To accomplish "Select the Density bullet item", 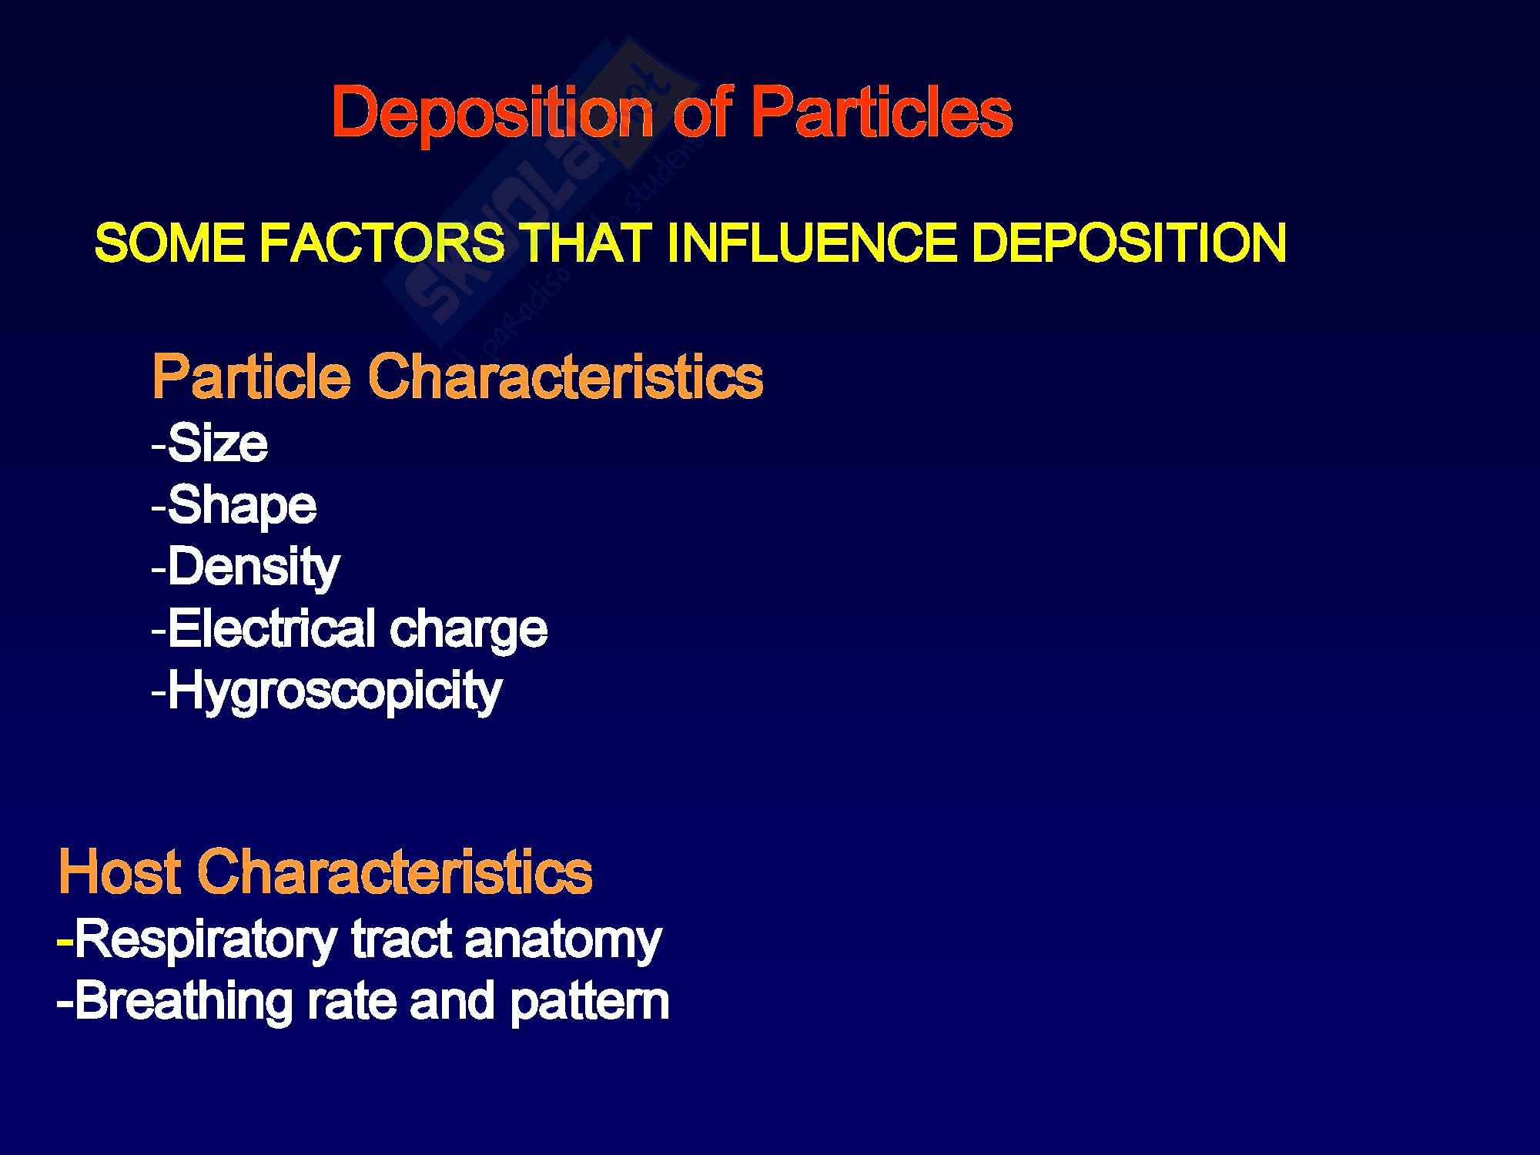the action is point(246,568).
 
